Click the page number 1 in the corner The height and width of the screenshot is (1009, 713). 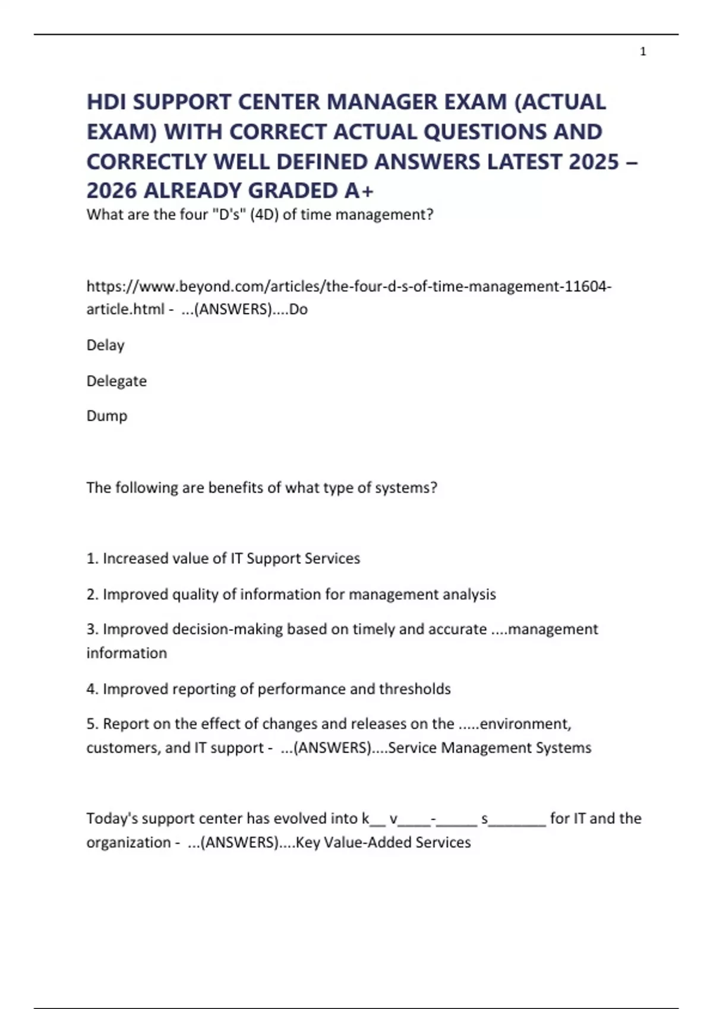pyautogui.click(x=643, y=52)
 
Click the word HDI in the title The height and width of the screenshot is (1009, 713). pyautogui.click(x=107, y=102)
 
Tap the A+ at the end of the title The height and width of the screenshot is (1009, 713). pyautogui.click(x=359, y=191)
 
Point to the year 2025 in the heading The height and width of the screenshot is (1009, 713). pyautogui.click(x=594, y=161)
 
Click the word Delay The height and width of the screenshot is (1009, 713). pyautogui.click(x=105, y=345)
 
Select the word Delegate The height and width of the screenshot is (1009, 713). pyautogui.click(x=116, y=380)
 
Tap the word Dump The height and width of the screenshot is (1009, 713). pyautogui.click(x=107, y=415)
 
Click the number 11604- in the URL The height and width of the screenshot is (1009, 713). pyautogui.click(x=588, y=286)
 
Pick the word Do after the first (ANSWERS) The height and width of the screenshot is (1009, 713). pyautogui.click(x=298, y=309)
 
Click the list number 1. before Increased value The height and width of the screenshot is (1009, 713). pyautogui.click(x=93, y=559)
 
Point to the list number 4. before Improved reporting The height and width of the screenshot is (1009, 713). pyautogui.click(x=93, y=689)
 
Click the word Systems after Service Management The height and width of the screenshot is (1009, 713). pyautogui.click(x=563, y=748)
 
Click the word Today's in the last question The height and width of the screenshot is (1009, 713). pyautogui.click(x=112, y=818)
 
